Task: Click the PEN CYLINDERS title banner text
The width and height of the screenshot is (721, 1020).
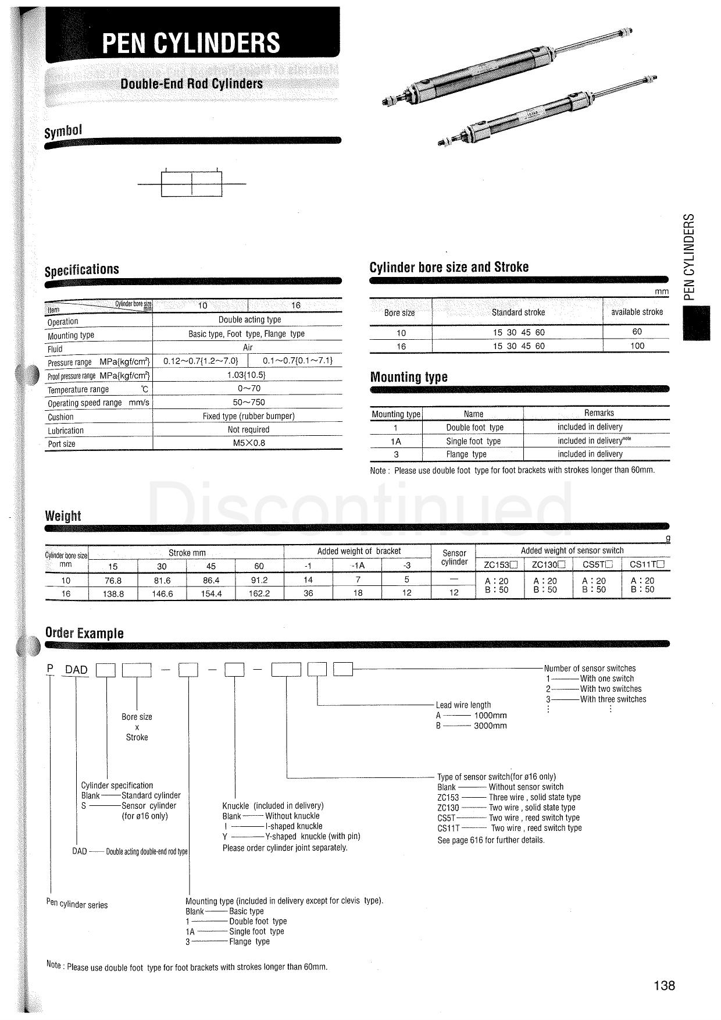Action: point(191,43)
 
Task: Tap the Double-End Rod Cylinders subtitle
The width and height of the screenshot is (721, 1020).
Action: point(191,84)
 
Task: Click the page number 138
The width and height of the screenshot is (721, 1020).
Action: point(664,985)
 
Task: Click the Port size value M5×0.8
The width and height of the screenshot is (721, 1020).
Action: point(249,443)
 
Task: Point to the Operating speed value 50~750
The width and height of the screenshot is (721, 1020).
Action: point(249,402)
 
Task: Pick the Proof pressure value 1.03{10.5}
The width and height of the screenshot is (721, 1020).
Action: point(249,375)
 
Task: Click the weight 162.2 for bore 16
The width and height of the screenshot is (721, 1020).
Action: point(259,593)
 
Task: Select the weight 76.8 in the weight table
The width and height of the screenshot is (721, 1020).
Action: point(113,580)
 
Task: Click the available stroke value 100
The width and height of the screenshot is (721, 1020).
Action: point(637,346)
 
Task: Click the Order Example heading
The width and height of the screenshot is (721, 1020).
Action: point(84,633)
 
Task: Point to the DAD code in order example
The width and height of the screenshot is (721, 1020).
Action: point(76,670)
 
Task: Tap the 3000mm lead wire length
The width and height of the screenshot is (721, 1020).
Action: point(490,726)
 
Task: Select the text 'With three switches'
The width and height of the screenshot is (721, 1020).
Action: point(613,699)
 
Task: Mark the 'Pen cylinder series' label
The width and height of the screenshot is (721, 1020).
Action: point(77,904)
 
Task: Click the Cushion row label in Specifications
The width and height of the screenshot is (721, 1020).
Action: point(60,417)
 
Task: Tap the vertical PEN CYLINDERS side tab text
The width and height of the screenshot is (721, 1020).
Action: point(689,257)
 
